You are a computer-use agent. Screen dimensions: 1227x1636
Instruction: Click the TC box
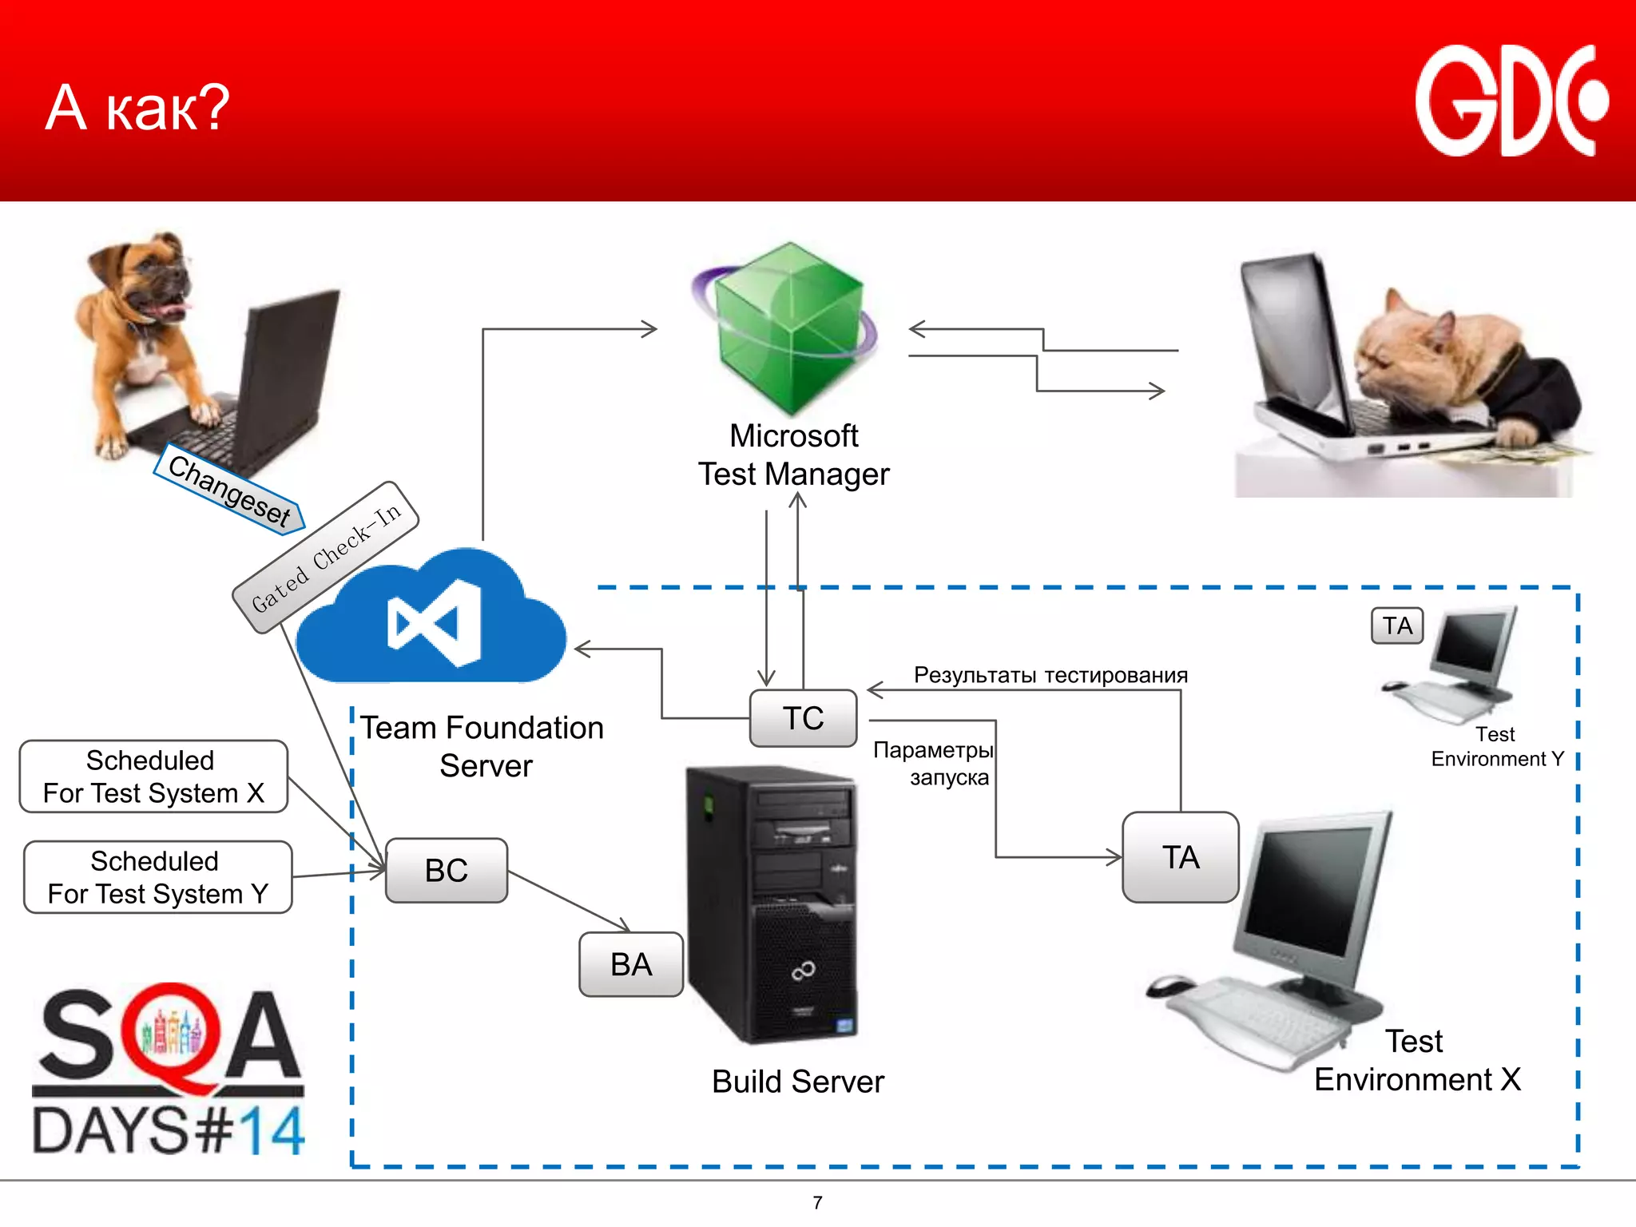pyautogui.click(x=803, y=718)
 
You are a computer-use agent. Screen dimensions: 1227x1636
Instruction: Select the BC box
pyautogui.click(x=446, y=870)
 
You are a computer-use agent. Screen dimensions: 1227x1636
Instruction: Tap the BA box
pyautogui.click(x=631, y=964)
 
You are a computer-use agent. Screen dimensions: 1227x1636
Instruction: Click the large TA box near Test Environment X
pyautogui.click(x=1180, y=857)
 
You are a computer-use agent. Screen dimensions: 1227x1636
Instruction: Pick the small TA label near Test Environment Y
pyautogui.click(x=1397, y=625)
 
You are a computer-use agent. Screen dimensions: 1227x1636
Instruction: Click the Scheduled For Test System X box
pyautogui.click(x=153, y=776)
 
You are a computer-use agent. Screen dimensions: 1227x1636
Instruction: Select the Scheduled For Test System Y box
pyautogui.click(x=157, y=877)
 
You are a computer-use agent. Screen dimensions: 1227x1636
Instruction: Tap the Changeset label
pyautogui.click(x=229, y=490)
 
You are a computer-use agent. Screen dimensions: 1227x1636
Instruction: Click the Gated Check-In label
pyautogui.click(x=325, y=558)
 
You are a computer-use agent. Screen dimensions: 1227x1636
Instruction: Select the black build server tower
pyautogui.click(x=771, y=903)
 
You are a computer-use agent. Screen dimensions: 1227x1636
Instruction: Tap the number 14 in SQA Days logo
pyautogui.click(x=272, y=1130)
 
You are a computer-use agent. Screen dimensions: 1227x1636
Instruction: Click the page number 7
pyautogui.click(x=817, y=1202)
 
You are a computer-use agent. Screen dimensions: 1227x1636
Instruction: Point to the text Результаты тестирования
pyautogui.click(x=1050, y=675)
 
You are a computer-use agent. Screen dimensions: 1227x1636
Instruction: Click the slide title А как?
pyautogui.click(x=137, y=108)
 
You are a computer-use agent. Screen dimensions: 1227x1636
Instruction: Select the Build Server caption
pyautogui.click(x=797, y=1082)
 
